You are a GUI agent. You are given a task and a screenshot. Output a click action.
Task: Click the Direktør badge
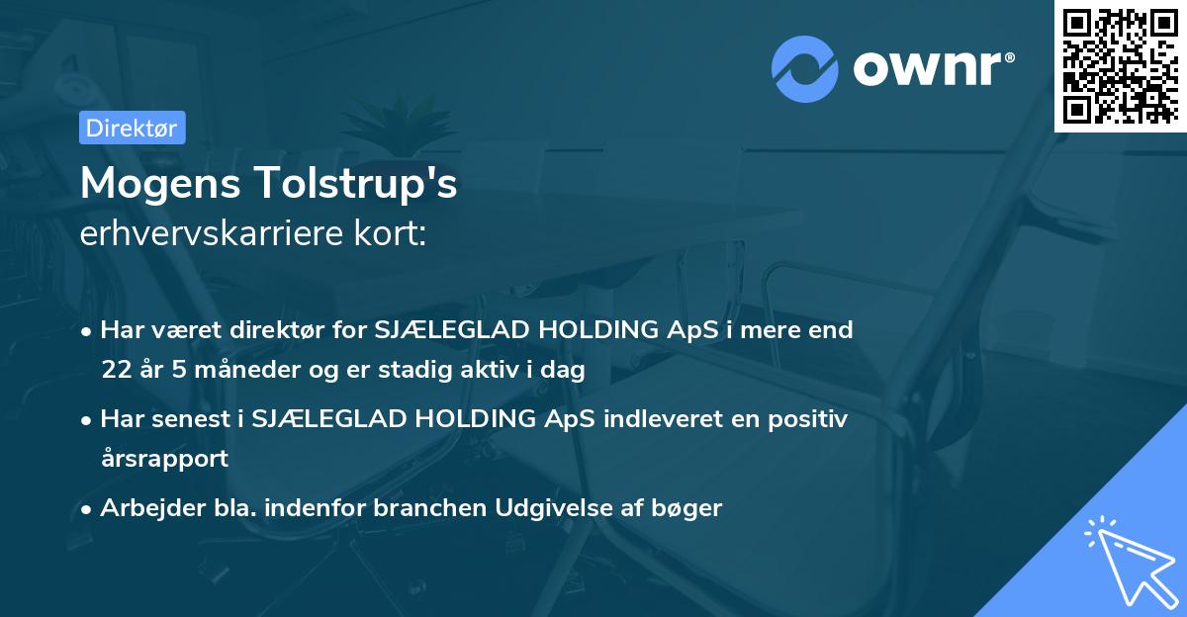coord(132,128)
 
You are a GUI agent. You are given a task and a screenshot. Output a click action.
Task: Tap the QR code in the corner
coord(1121,65)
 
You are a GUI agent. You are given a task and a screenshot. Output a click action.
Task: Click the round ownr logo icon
coord(805,68)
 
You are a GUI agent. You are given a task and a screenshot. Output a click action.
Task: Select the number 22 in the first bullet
coord(115,370)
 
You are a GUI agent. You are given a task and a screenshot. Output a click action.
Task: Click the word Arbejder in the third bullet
coord(144,508)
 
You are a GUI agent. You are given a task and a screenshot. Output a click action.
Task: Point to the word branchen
coord(431,508)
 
